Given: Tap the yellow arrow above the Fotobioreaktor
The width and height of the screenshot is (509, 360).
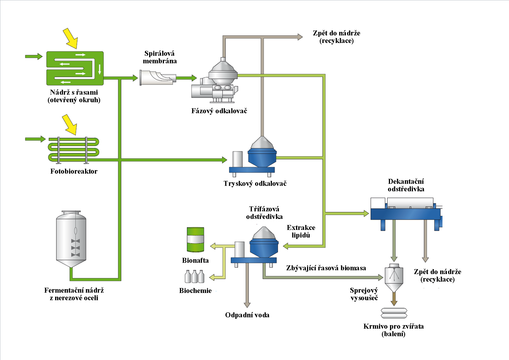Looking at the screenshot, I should (70, 124).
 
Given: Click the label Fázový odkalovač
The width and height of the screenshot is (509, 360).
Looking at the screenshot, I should (219, 111).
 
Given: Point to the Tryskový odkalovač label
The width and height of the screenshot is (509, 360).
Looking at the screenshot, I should (255, 183).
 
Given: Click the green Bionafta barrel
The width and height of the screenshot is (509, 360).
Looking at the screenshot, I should (195, 240).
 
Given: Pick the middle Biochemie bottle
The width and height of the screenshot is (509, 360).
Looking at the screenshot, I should (195, 276).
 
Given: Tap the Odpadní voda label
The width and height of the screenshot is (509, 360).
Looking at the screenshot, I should (247, 315).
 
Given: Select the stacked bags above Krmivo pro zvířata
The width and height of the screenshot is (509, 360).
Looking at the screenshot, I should (394, 313).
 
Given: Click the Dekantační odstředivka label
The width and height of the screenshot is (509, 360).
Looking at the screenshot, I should (406, 185).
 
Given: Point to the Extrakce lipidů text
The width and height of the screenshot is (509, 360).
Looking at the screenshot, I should (301, 231).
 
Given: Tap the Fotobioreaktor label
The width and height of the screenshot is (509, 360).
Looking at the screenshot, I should (74, 171).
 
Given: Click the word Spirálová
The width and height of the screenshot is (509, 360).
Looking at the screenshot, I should (160, 53).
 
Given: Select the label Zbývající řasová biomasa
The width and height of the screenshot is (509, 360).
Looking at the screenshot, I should (326, 268).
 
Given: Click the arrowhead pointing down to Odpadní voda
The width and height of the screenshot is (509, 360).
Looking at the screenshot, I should (247, 305).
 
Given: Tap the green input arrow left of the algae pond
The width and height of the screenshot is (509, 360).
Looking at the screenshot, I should (34, 56).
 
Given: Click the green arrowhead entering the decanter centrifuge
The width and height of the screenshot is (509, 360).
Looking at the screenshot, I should (366, 214).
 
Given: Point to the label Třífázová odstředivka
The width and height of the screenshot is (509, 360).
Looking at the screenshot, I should (264, 213).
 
